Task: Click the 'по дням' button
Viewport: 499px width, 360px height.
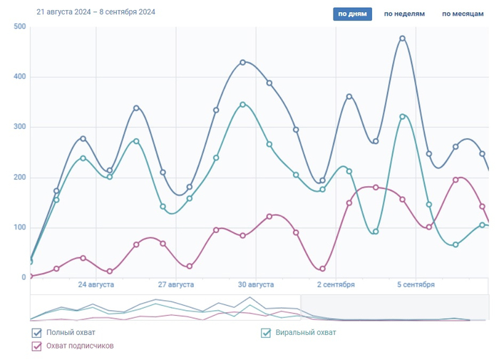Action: (352, 14)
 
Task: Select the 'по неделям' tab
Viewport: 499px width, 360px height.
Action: (404, 14)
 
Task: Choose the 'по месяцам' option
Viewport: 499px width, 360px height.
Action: (463, 14)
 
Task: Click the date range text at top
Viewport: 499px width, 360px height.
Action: (96, 12)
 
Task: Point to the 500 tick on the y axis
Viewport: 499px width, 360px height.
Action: (19, 26)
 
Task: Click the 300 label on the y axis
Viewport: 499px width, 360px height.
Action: (19, 127)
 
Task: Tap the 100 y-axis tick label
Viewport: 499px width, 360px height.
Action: (19, 227)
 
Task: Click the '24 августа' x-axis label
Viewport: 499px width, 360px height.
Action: (96, 285)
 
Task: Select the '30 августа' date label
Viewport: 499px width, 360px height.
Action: (256, 285)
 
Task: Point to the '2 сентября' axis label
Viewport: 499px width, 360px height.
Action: (336, 285)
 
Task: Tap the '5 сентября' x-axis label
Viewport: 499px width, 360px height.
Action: (416, 285)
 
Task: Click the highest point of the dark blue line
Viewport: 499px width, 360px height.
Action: (403, 38)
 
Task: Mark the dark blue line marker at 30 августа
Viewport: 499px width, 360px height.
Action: (243, 62)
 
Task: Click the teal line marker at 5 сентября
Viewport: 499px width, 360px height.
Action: (403, 116)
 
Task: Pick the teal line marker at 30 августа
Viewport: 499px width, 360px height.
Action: (243, 104)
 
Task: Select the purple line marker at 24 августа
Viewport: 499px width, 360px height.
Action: (83, 258)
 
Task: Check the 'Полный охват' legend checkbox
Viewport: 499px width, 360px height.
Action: (37, 333)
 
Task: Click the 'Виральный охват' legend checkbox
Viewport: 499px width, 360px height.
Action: (266, 333)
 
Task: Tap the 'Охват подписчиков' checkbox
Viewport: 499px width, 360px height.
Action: (37, 346)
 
